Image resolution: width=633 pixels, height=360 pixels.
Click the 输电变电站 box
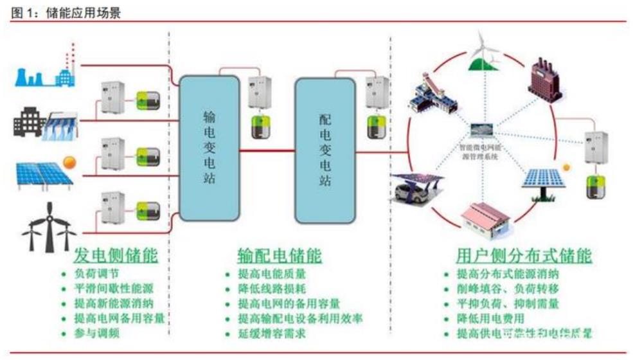pos(209,148)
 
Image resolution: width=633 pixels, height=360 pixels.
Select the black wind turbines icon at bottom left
pos(48,226)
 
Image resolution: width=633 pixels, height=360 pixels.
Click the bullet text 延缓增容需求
pos(265,334)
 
